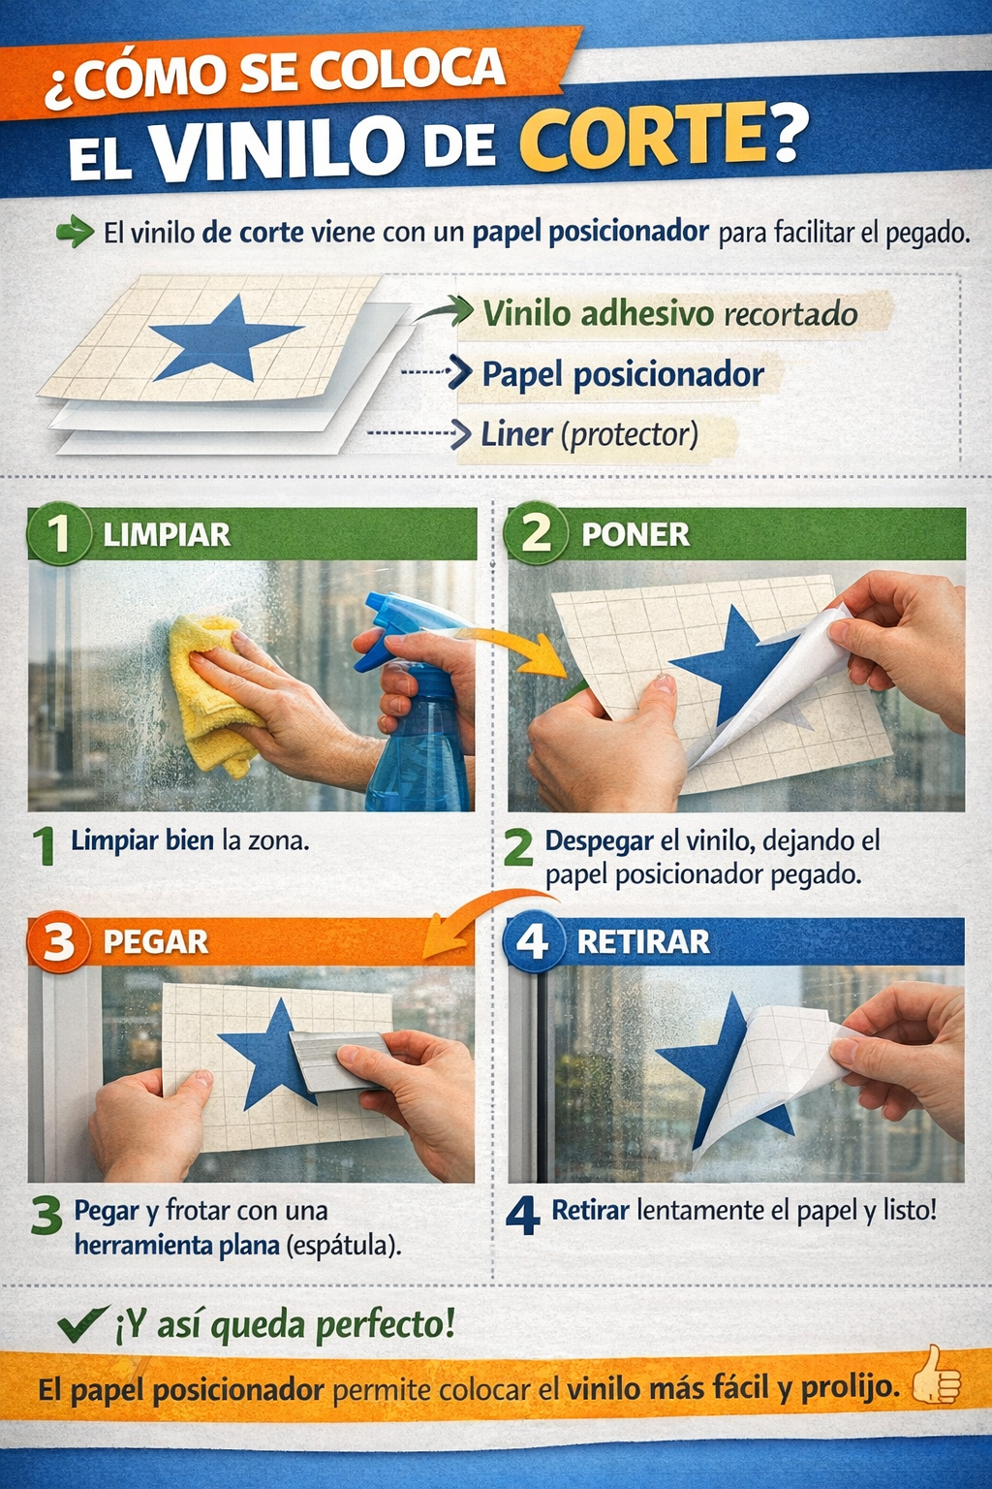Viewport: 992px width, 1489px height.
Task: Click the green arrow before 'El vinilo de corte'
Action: [x=75, y=232]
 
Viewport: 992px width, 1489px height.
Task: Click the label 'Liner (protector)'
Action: [x=590, y=435]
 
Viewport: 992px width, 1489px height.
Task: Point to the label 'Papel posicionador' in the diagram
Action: [x=623, y=374]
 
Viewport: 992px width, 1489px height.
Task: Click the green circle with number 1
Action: [x=58, y=534]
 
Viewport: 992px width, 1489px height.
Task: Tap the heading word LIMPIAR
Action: [x=167, y=535]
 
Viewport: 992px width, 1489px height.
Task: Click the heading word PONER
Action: [x=635, y=535]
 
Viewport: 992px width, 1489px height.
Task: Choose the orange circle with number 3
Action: [x=58, y=942]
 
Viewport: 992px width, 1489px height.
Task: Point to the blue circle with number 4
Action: [x=534, y=940]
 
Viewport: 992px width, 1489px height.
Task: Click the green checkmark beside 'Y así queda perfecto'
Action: [x=83, y=1323]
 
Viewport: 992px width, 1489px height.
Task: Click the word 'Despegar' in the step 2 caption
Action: [x=599, y=842]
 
